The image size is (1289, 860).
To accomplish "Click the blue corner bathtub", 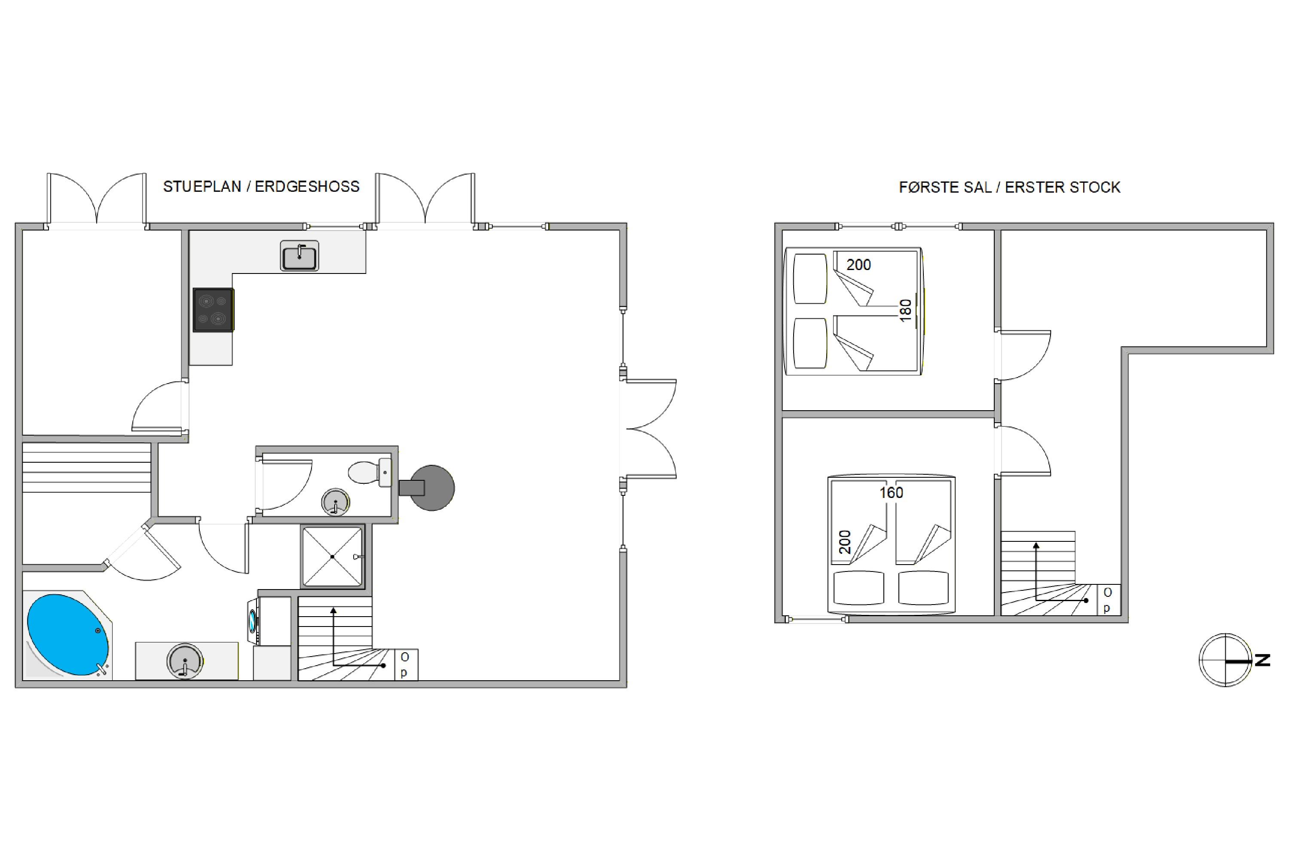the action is [68, 635].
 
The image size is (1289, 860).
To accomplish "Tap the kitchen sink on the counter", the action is [299, 255].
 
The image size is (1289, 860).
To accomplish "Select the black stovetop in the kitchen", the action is [213, 310].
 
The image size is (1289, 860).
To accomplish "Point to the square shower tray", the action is [333, 557].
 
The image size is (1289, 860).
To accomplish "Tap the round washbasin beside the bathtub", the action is [185, 661].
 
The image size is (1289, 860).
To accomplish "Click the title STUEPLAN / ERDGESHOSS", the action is [261, 187].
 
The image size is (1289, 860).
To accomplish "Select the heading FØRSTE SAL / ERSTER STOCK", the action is [1009, 187].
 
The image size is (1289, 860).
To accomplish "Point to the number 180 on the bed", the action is [905, 310].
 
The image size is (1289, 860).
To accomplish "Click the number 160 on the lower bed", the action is [891, 492].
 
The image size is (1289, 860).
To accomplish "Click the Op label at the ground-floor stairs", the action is [404, 664].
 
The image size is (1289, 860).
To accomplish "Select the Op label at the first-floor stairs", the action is [1107, 600].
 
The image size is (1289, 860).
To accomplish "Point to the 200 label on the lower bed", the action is [845, 542].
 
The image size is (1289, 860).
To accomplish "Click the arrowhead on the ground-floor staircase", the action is [333, 611].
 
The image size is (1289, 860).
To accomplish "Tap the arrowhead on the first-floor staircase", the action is [1036, 546].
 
